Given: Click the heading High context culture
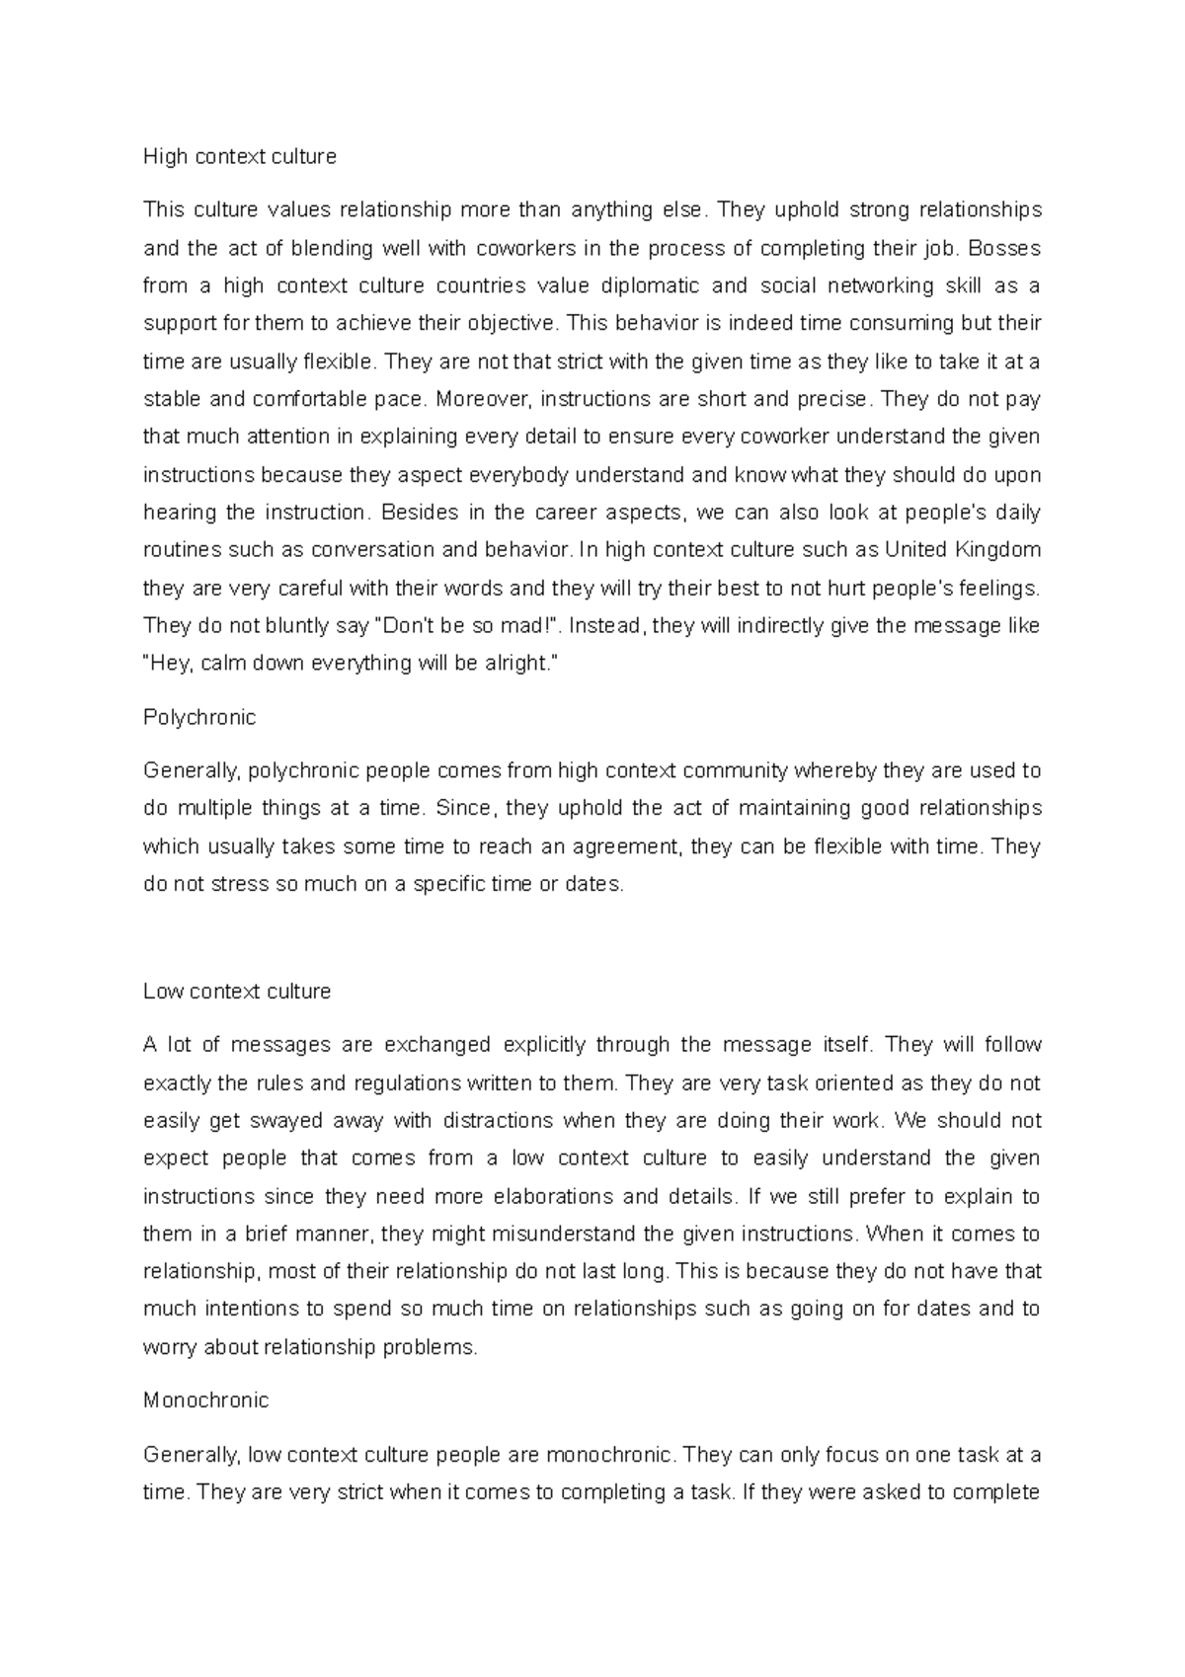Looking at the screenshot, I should pos(240,156).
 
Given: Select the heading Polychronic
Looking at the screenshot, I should pos(199,717).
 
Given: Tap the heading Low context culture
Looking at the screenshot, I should pos(237,991).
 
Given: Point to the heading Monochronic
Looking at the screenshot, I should pos(205,1399).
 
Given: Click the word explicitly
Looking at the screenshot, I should pos(544,1045).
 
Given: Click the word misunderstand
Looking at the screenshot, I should pos(561,1235).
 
